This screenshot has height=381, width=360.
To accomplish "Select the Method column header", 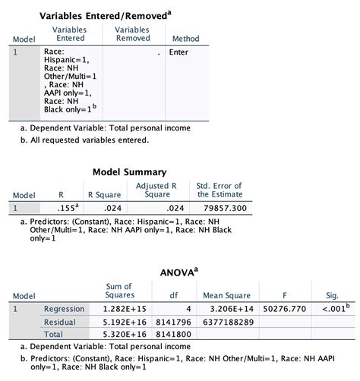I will (x=185, y=39).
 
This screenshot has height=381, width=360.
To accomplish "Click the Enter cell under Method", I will (x=178, y=52).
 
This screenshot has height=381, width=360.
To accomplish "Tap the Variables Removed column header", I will (x=132, y=33).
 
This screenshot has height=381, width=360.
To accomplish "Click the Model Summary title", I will (x=129, y=172).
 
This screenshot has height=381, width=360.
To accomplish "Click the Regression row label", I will (x=64, y=309).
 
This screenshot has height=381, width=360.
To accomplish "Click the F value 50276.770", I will (x=283, y=309).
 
